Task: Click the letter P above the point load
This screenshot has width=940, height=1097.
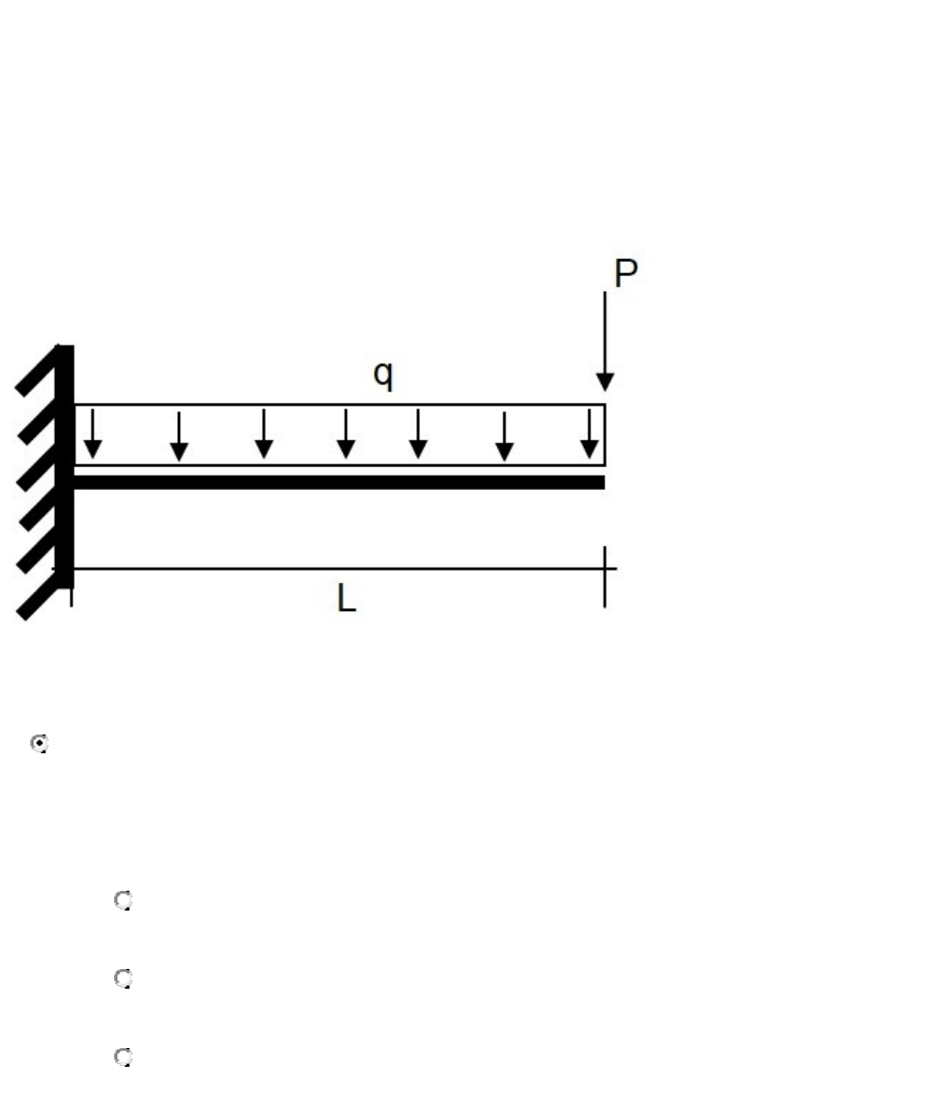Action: pos(625,273)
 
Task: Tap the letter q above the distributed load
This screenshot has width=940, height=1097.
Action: pos(383,375)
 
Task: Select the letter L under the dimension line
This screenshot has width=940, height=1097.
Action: pos(346,599)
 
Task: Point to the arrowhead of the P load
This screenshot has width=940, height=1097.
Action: pos(605,382)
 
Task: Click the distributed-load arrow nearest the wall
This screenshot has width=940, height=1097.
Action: pos(92,434)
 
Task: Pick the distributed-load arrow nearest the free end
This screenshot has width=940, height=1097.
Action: pos(590,434)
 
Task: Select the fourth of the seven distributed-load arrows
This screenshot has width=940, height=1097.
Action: pos(346,434)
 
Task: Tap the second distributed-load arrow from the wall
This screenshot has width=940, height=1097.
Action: pos(179,437)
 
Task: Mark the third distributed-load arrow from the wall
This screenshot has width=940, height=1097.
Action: pos(264,434)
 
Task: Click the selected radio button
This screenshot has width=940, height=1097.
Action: pos(40,743)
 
